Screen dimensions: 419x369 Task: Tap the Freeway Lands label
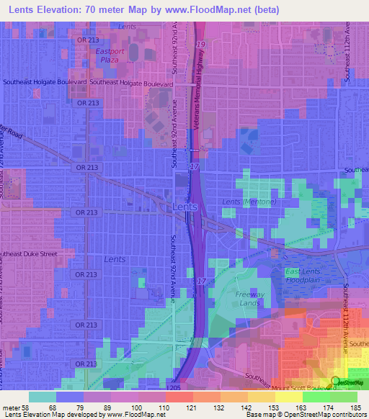click(x=249, y=299)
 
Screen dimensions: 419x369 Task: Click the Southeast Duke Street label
click(x=36, y=254)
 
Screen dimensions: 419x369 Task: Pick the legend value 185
click(x=355, y=407)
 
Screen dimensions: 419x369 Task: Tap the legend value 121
click(x=190, y=407)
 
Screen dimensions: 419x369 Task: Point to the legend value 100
click(x=135, y=407)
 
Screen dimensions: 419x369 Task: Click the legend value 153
click(x=272, y=407)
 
